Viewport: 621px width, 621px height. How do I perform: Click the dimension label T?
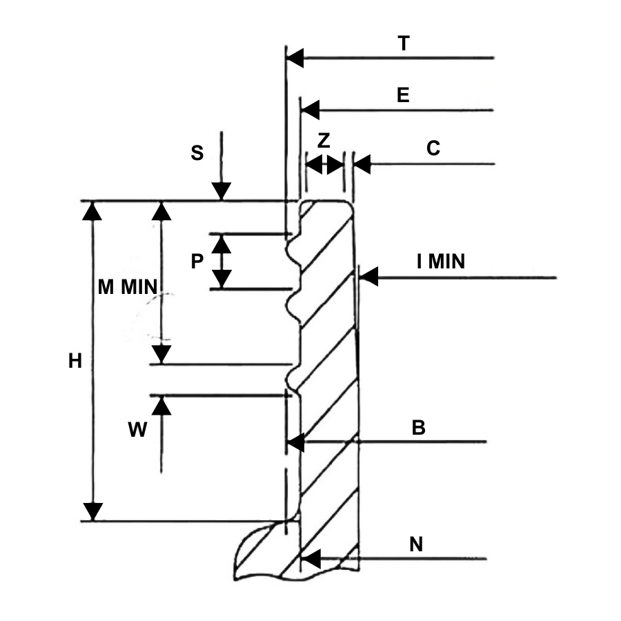pos(404,43)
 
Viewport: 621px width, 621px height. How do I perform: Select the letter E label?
pos(403,95)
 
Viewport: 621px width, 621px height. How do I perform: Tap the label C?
pos(433,148)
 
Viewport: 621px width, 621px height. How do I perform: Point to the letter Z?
pos(324,141)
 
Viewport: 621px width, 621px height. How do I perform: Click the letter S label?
pos(197,153)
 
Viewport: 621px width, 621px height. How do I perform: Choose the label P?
pos(197,261)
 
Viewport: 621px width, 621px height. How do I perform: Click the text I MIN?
pos(441,262)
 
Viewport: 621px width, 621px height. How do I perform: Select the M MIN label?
pos(128,288)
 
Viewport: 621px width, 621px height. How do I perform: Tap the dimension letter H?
pos(75,360)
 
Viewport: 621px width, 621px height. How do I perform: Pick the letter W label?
pos(137,431)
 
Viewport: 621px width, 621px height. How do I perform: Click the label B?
pos(418,428)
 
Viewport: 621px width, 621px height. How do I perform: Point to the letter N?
pos(416,544)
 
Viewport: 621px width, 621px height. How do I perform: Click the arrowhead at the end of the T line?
pos(295,58)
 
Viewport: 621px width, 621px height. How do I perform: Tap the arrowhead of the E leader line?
pos(310,110)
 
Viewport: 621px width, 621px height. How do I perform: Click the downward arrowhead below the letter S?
pos(221,192)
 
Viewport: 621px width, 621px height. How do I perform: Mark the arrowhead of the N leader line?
pos(311,558)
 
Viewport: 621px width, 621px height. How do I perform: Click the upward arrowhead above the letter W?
pos(161,405)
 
